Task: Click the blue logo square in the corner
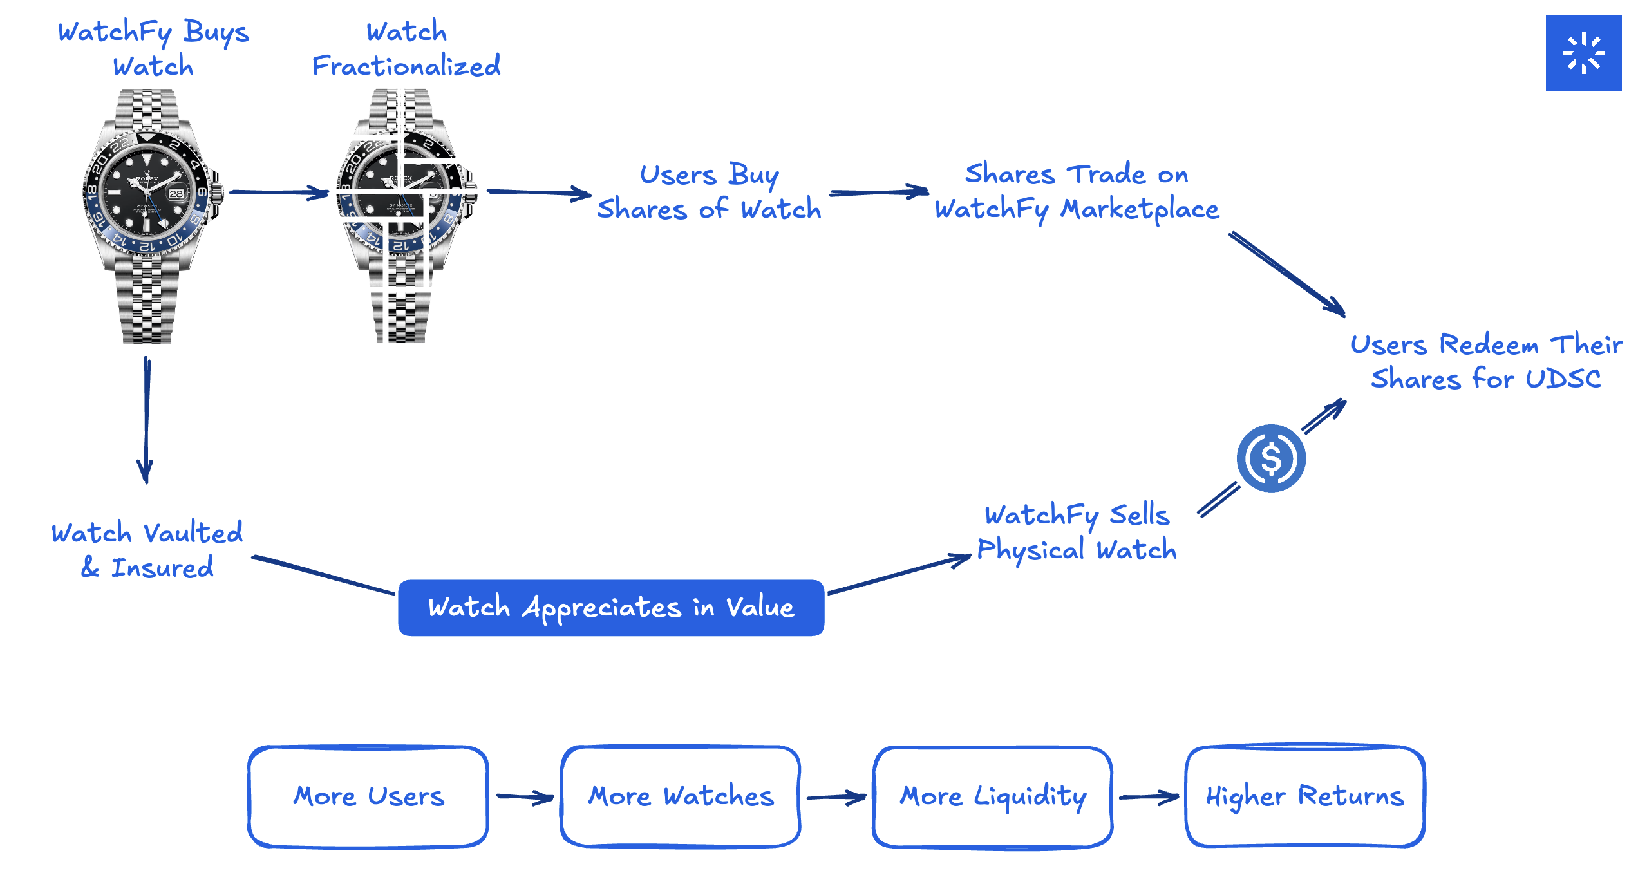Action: coord(1583,53)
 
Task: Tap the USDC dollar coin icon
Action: coord(1271,458)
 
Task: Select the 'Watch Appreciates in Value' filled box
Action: coord(610,608)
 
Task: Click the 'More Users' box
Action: coord(368,797)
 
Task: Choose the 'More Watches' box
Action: coord(681,797)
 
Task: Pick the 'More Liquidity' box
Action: coord(992,797)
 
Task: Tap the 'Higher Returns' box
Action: coord(1304,797)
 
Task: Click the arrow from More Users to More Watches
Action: coord(524,798)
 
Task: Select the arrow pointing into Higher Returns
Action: coord(1149,797)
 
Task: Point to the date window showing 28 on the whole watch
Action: coord(176,193)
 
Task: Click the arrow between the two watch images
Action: coord(279,192)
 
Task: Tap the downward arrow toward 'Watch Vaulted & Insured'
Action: coord(146,418)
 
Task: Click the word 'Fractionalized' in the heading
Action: coord(406,66)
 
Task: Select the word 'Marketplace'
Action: coord(1140,210)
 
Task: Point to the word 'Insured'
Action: coord(162,568)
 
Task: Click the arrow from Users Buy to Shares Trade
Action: coord(879,192)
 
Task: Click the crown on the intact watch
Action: coord(218,192)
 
